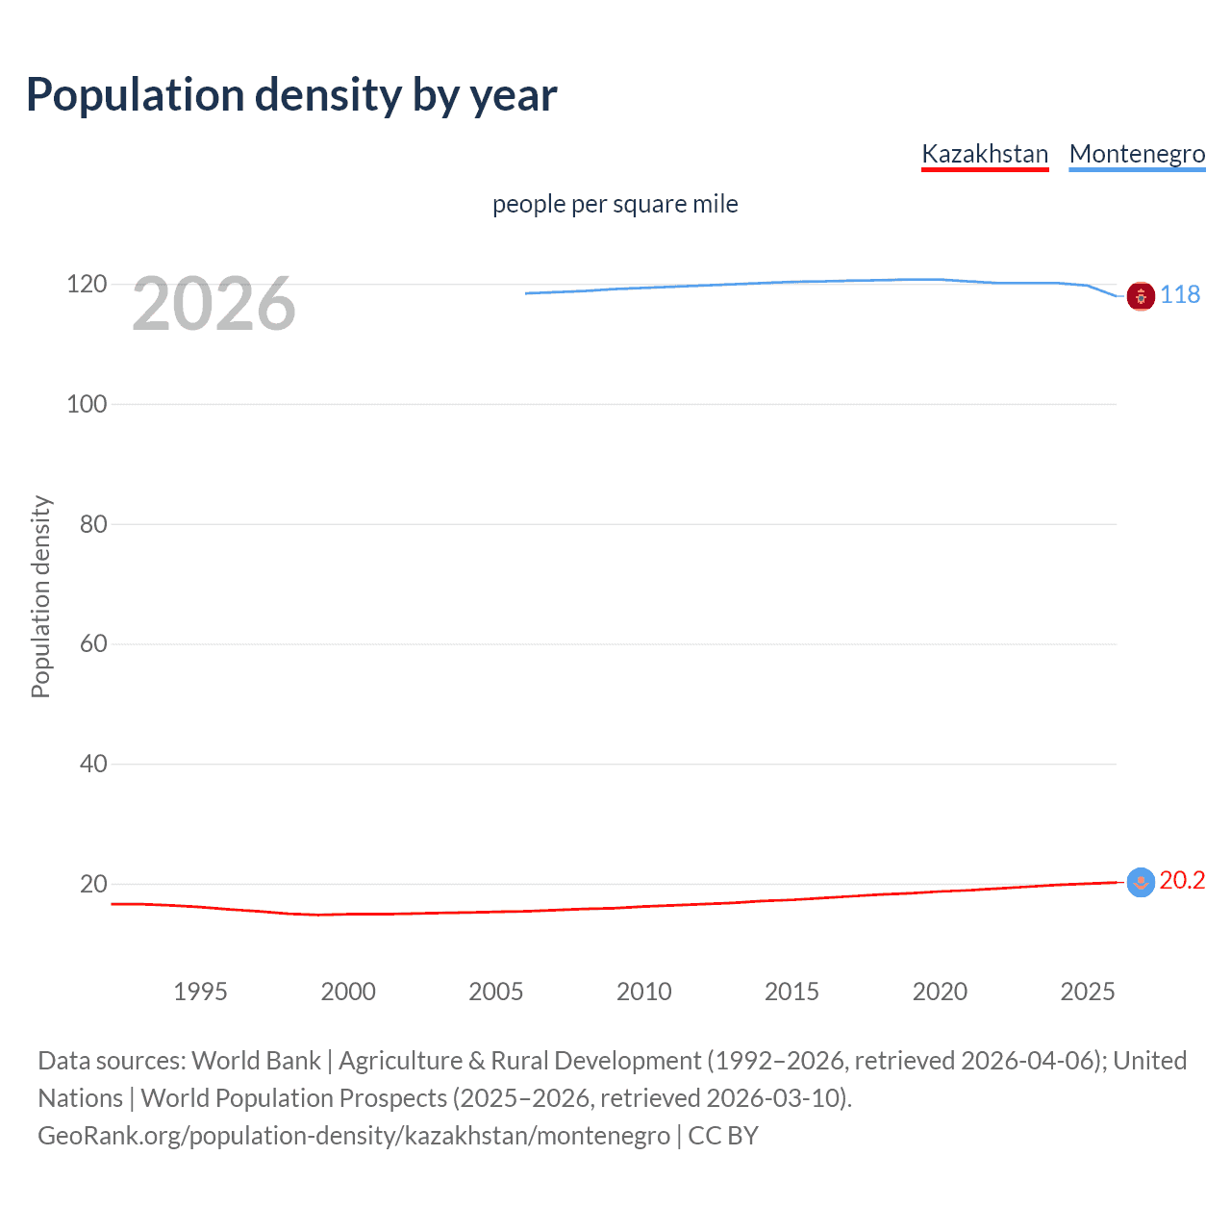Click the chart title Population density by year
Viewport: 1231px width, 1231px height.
(291, 95)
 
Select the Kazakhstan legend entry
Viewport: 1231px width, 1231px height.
(984, 154)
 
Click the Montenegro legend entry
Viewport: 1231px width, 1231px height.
(1137, 154)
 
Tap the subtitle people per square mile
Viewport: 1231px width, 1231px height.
(615, 204)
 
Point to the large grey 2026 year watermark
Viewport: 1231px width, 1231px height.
(214, 304)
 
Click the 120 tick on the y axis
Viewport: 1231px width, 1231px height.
(87, 285)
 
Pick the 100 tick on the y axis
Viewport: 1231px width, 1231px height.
(87, 404)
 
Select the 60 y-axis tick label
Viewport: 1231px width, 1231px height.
(93, 643)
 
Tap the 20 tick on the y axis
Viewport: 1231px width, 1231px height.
(93, 884)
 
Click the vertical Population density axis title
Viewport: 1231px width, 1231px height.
(40, 596)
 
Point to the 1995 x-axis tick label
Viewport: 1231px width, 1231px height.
(200, 992)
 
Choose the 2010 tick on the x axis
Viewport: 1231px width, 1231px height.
(643, 992)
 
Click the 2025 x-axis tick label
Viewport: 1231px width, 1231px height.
(1087, 992)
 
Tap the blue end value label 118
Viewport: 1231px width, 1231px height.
(1179, 294)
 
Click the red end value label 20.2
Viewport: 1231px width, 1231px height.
(1181, 880)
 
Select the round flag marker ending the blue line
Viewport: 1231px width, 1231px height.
(1141, 297)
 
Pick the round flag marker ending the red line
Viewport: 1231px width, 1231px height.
(1141, 882)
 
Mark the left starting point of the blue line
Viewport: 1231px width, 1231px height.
(527, 293)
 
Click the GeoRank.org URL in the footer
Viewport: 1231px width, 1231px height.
(353, 1136)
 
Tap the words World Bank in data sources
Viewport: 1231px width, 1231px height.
(256, 1061)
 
